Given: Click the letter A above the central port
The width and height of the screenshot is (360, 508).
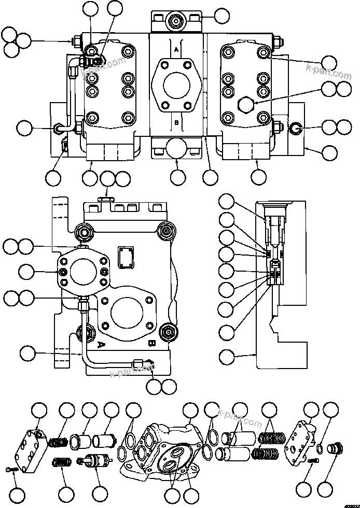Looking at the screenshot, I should tap(176, 50).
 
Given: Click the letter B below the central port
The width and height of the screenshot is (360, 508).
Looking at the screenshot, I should tap(176, 123).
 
